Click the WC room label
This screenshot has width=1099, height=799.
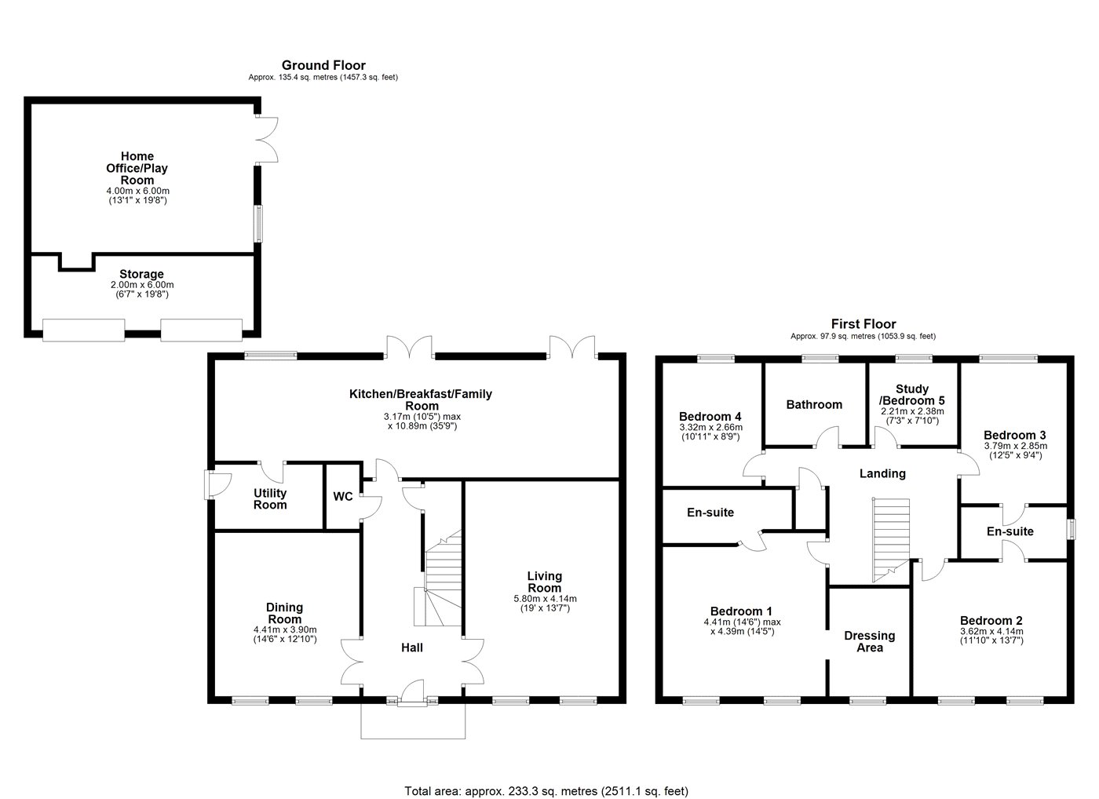342,496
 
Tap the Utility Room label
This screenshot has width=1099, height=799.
270,499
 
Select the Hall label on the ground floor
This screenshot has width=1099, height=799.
411,648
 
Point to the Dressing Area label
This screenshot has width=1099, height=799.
870,641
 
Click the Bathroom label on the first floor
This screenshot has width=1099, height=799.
814,405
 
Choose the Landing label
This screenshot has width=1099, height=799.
882,473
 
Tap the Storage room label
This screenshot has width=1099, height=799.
141,274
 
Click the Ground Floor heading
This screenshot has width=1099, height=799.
323,65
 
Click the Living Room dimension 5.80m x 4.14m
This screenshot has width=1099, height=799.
545,598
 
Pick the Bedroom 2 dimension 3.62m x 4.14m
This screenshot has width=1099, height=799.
991,631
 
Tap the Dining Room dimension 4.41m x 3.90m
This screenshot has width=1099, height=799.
285,629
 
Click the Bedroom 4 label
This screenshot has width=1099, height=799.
710,417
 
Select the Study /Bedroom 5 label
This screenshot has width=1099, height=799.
912,394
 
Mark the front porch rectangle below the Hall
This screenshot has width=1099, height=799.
413,721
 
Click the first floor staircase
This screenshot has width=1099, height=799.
890,540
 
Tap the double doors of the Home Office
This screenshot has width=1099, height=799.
266,140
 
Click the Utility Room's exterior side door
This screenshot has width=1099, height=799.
217,485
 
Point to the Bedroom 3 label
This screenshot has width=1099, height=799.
1014,435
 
